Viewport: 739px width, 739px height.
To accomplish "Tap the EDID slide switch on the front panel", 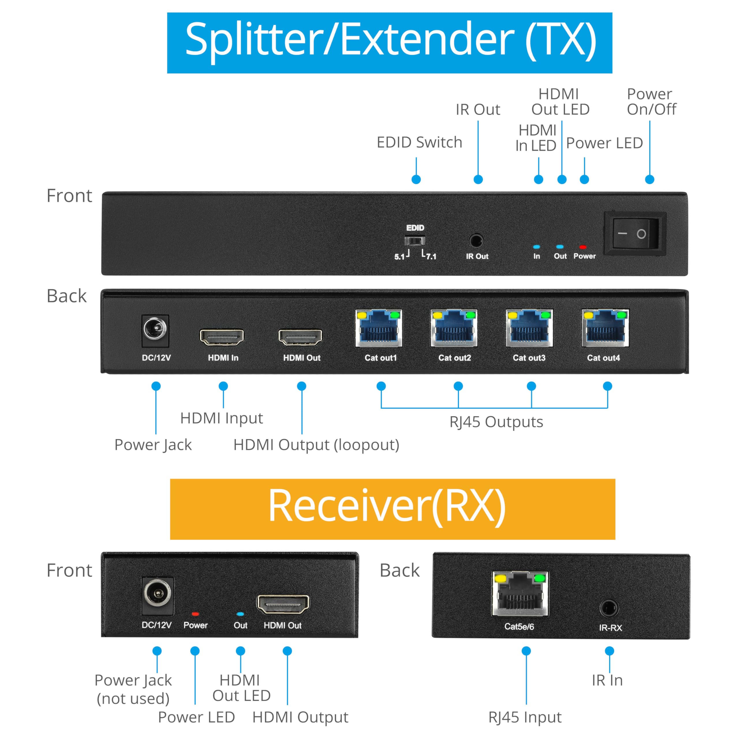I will [415, 241].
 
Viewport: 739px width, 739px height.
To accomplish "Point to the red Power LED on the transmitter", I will [583, 247].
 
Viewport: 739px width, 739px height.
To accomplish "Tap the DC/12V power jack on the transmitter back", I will [155, 329].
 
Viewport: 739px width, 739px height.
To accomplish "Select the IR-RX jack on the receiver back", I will [609, 608].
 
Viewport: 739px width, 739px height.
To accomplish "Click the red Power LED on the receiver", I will [195, 614].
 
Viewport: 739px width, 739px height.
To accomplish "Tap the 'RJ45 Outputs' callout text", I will [496, 422].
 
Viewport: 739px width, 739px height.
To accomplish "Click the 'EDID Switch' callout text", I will [420, 142].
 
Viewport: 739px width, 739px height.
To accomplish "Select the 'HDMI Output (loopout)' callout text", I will [316, 445].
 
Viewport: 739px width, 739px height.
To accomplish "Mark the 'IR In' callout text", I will [607, 680].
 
